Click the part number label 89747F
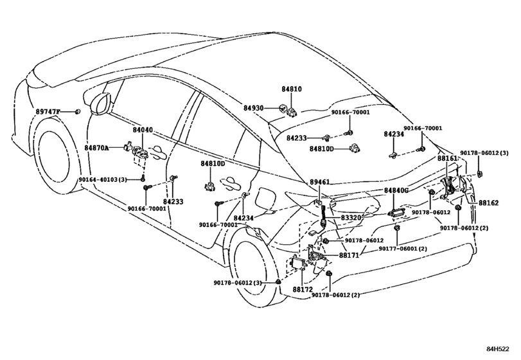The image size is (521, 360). [48, 111]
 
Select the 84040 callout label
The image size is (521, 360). [143, 130]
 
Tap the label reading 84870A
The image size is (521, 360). [96, 147]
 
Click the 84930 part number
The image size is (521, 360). [253, 108]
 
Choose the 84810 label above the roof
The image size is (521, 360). [292, 89]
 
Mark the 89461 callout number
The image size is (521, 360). [320, 182]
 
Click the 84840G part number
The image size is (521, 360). [396, 190]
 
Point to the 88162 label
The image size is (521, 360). [488, 203]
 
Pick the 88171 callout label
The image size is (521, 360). [349, 256]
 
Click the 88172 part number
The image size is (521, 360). [303, 289]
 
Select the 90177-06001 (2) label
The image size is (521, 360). [403, 249]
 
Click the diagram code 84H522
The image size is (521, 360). [497, 348]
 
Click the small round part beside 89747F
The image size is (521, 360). [78, 111]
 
